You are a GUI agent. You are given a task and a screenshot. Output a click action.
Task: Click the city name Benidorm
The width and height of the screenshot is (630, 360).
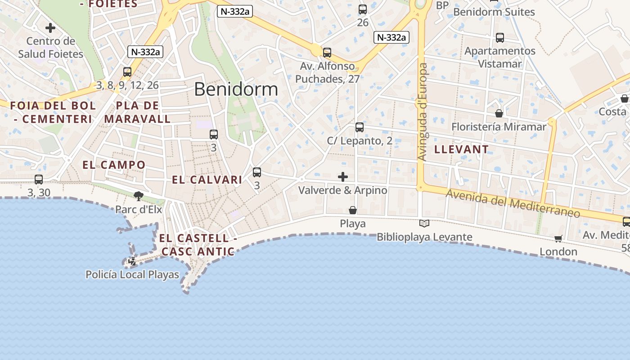click(236, 89)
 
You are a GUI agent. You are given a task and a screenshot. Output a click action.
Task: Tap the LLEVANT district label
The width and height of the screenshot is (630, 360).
click(461, 149)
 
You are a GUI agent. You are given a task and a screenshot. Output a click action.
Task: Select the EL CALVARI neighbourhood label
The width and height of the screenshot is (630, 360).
click(207, 180)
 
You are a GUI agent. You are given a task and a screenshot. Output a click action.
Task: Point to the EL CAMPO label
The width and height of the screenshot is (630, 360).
click(114, 165)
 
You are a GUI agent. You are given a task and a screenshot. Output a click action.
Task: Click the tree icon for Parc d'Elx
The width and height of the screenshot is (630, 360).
click(138, 196)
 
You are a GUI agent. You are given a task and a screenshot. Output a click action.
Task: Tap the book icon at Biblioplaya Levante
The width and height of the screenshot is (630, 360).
click(424, 223)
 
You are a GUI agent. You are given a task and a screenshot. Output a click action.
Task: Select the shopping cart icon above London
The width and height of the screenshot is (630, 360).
click(558, 238)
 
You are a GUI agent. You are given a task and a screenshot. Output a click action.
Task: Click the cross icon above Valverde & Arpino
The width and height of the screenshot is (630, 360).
click(343, 176)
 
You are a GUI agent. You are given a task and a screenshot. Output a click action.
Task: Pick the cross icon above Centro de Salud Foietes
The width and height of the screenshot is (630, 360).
click(50, 28)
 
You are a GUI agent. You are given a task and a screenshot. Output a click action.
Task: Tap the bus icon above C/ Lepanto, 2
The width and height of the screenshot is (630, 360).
click(359, 127)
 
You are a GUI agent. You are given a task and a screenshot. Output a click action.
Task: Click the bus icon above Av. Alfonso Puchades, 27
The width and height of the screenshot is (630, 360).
click(327, 53)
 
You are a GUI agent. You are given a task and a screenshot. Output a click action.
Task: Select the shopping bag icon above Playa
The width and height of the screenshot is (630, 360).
click(353, 210)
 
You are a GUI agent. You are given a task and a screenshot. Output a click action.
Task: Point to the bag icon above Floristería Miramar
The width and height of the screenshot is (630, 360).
click(499, 113)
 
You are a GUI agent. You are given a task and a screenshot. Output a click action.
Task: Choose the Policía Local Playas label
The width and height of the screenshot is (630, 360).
click(132, 274)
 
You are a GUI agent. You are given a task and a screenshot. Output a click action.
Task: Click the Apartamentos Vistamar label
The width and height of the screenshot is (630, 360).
click(500, 57)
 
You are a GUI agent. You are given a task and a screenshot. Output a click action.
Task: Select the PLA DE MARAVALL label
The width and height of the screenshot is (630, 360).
click(137, 112)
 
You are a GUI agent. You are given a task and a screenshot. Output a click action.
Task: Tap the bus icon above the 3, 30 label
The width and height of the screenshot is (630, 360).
click(39, 180)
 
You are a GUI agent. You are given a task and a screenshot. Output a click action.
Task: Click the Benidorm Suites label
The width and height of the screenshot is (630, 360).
click(494, 12)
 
